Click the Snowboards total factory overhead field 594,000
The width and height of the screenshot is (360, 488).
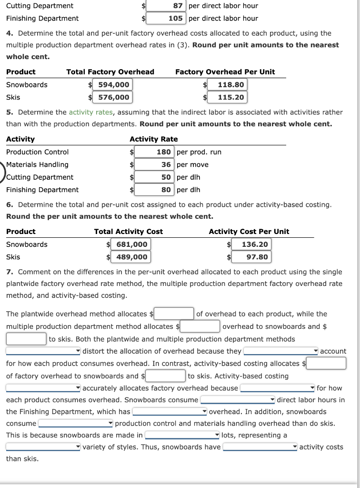point(110,85)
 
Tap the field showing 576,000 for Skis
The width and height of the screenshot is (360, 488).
point(110,97)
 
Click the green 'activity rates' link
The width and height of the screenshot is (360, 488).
point(91,112)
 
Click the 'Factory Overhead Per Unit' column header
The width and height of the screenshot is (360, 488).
point(225,72)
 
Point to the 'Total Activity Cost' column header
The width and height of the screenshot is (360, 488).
point(128,232)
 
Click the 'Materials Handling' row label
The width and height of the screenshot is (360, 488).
point(37,164)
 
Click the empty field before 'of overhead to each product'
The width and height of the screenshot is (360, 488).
point(174,314)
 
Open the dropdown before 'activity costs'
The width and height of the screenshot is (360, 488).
point(260,447)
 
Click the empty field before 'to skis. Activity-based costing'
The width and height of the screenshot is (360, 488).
point(166,376)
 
